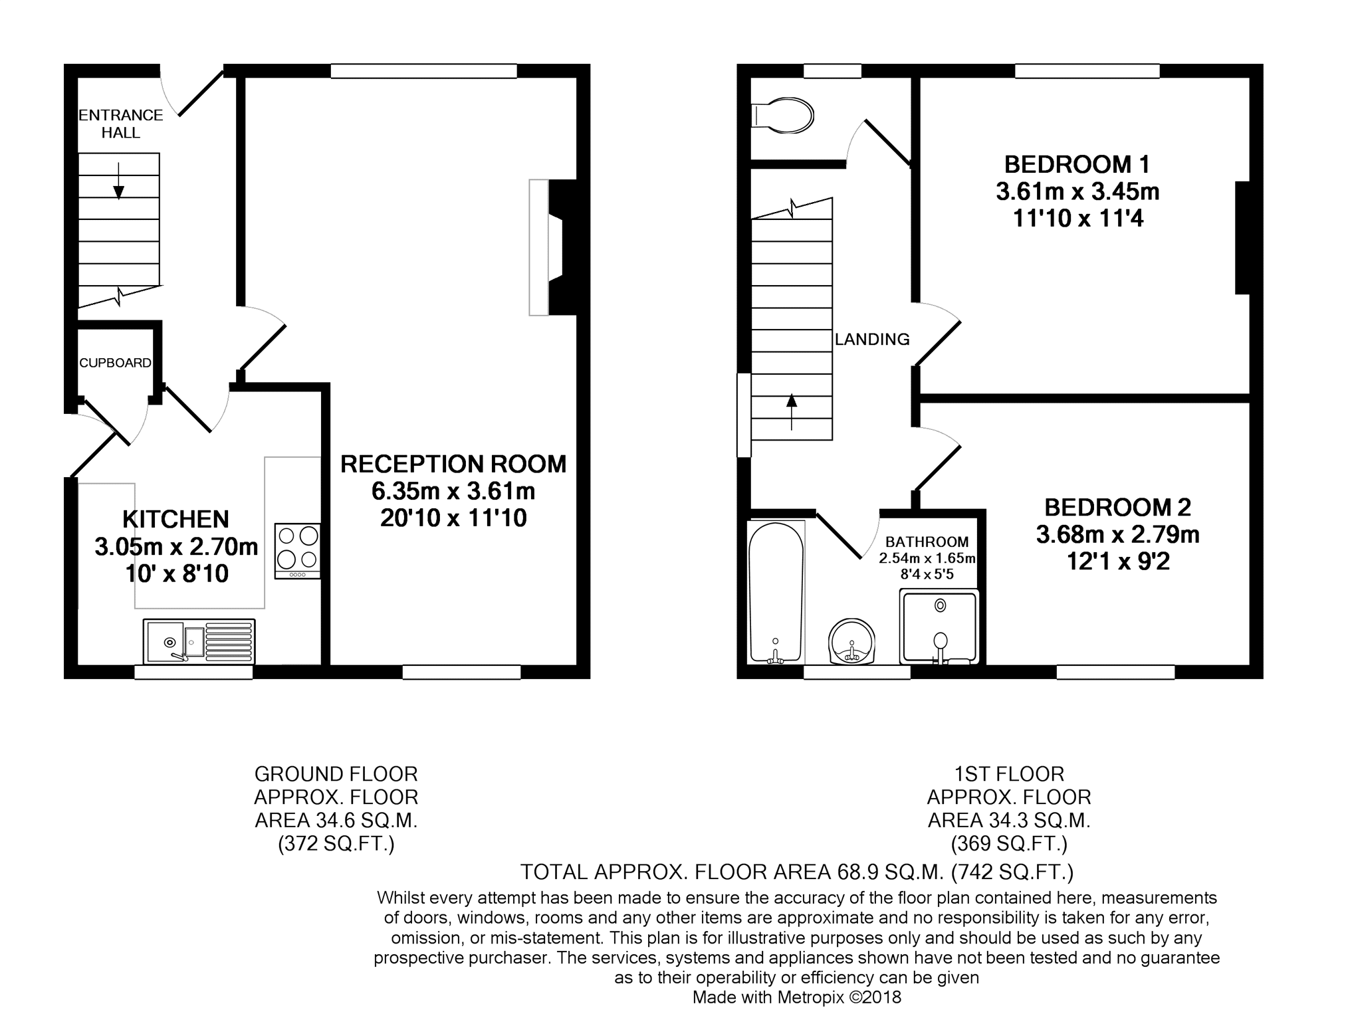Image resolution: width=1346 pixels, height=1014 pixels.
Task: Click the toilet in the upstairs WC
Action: [x=782, y=117]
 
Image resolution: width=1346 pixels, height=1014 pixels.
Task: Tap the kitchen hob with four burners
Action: [x=298, y=551]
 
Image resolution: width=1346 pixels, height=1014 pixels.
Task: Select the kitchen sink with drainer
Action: [x=199, y=641]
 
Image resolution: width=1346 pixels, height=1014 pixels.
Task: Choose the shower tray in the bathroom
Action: [x=939, y=627]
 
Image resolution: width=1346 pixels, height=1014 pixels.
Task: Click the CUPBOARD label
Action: [x=115, y=363]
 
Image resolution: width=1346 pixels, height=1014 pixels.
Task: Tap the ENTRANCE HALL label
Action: [x=121, y=124]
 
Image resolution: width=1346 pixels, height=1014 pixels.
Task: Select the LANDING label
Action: [x=872, y=340]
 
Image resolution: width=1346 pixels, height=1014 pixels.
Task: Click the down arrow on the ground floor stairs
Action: [x=118, y=181]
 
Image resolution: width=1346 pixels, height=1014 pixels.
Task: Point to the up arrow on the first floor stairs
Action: [x=791, y=412]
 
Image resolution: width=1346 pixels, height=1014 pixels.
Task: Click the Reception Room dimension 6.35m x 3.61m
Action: [x=453, y=492]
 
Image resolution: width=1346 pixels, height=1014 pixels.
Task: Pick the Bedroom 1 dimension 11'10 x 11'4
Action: [x=1078, y=218]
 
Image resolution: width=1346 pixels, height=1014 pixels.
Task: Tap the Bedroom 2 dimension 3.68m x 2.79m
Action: [x=1118, y=534]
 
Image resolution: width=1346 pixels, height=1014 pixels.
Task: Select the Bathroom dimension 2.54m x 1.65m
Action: [x=927, y=558]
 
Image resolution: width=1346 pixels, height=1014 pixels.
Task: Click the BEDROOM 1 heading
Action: [x=1077, y=164]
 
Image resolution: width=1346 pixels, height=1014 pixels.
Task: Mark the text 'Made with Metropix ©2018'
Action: [x=797, y=997]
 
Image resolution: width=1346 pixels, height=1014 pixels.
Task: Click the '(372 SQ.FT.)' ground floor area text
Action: [x=336, y=844]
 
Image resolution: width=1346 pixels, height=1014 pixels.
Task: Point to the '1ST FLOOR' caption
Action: [x=1009, y=774]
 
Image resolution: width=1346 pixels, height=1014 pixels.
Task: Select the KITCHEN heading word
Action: [x=175, y=519]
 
